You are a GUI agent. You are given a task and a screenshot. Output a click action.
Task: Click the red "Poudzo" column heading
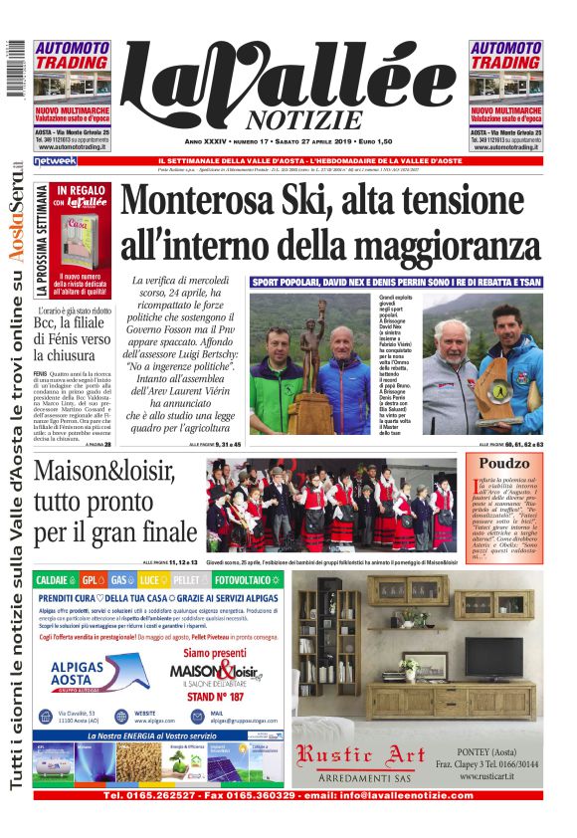(503, 463)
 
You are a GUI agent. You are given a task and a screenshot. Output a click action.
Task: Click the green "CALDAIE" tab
(52, 578)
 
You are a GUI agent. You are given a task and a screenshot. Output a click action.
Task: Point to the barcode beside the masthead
(15, 70)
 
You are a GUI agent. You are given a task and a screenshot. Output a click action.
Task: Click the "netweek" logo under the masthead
(55, 160)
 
